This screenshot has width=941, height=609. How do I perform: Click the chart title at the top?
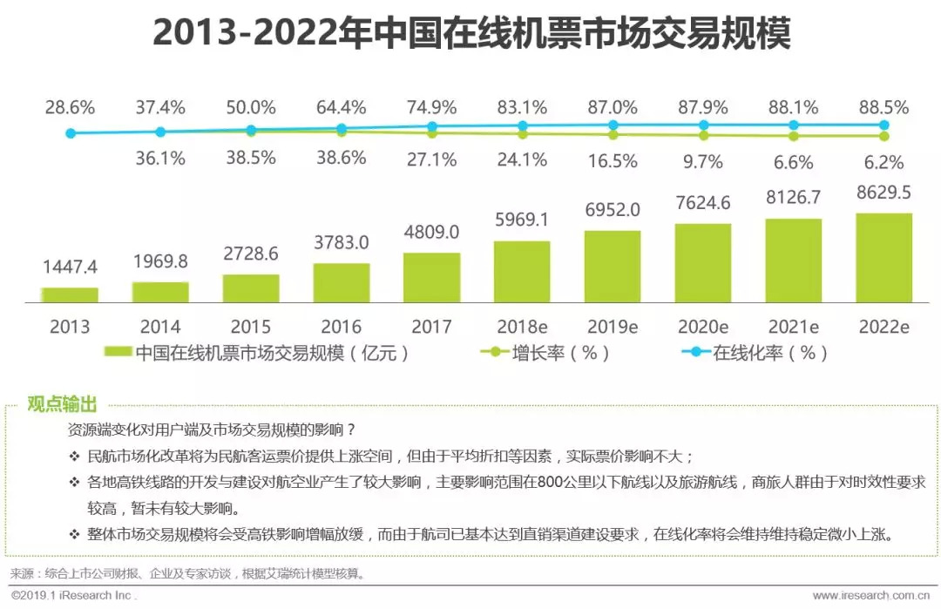[x=471, y=32]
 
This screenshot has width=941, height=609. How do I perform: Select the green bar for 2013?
[x=70, y=294]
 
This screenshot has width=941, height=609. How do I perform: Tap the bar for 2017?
[x=431, y=277]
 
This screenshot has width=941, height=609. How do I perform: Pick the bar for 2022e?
[x=884, y=257]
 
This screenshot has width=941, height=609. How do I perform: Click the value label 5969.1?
[x=522, y=220]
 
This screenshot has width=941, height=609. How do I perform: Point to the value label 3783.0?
[x=342, y=242]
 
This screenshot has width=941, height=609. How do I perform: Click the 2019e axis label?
[x=613, y=327]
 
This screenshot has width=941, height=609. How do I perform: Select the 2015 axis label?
[x=251, y=327]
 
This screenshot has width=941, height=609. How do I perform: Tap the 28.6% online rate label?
[x=70, y=107]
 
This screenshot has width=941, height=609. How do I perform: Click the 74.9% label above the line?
[x=431, y=107]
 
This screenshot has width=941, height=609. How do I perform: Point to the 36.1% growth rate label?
[x=160, y=159]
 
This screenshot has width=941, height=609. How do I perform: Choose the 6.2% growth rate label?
[x=884, y=162]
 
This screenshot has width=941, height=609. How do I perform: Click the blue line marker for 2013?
[x=71, y=133]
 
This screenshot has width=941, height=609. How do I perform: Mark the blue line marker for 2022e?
[x=884, y=125]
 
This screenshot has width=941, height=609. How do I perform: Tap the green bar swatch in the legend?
[x=118, y=352]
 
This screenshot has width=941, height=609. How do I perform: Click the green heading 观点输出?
[x=62, y=404]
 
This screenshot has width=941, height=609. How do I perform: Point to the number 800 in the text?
[x=551, y=483]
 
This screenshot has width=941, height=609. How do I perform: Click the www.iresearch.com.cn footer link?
[x=870, y=596]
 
